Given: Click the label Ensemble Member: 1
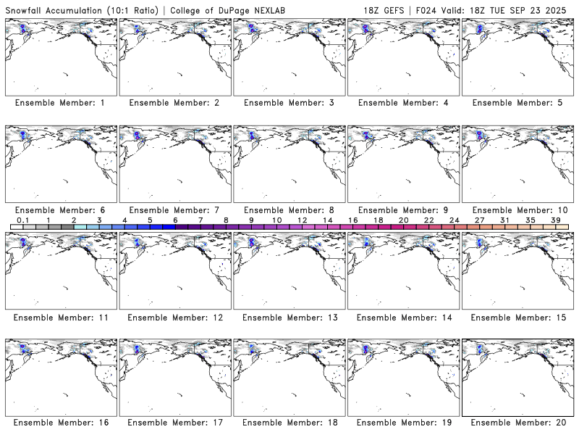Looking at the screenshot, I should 59,103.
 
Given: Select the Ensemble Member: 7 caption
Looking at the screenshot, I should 174,210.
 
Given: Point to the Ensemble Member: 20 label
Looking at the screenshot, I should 517,422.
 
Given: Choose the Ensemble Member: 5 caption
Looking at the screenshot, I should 517,103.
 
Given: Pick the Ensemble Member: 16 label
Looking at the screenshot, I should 59,422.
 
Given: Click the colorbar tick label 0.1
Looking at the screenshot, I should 22,220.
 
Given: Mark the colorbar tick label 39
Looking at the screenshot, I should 555,220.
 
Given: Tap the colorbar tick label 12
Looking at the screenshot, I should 302,220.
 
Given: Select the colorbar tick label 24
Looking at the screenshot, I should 454,220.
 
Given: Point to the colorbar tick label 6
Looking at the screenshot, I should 175,220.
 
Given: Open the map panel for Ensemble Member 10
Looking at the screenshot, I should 517,164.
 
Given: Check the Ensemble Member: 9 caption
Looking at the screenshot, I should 403,210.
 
